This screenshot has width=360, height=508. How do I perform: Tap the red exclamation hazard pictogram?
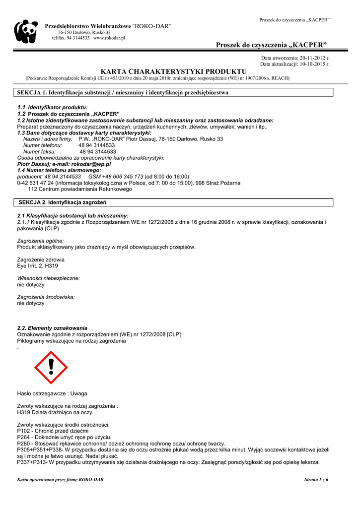(x=51, y=367)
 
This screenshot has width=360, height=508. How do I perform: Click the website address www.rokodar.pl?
(x=109, y=38)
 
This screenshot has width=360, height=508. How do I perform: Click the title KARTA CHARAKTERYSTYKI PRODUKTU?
(x=173, y=72)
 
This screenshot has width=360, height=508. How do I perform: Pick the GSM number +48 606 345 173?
(x=116, y=176)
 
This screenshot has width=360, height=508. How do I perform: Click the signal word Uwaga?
(x=78, y=393)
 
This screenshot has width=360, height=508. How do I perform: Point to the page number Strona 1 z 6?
(x=316, y=480)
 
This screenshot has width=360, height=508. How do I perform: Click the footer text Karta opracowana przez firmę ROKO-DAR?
(x=61, y=480)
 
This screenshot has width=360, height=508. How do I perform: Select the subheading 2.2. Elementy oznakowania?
(x=52, y=328)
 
